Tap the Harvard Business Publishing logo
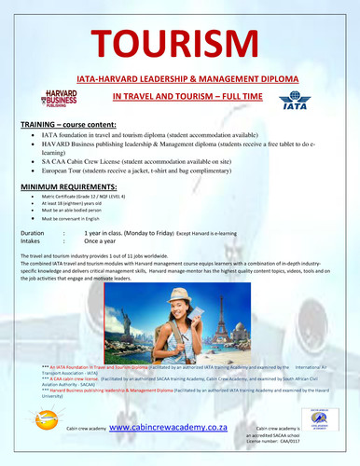coord(62,97)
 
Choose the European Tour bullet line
coord(154,174)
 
